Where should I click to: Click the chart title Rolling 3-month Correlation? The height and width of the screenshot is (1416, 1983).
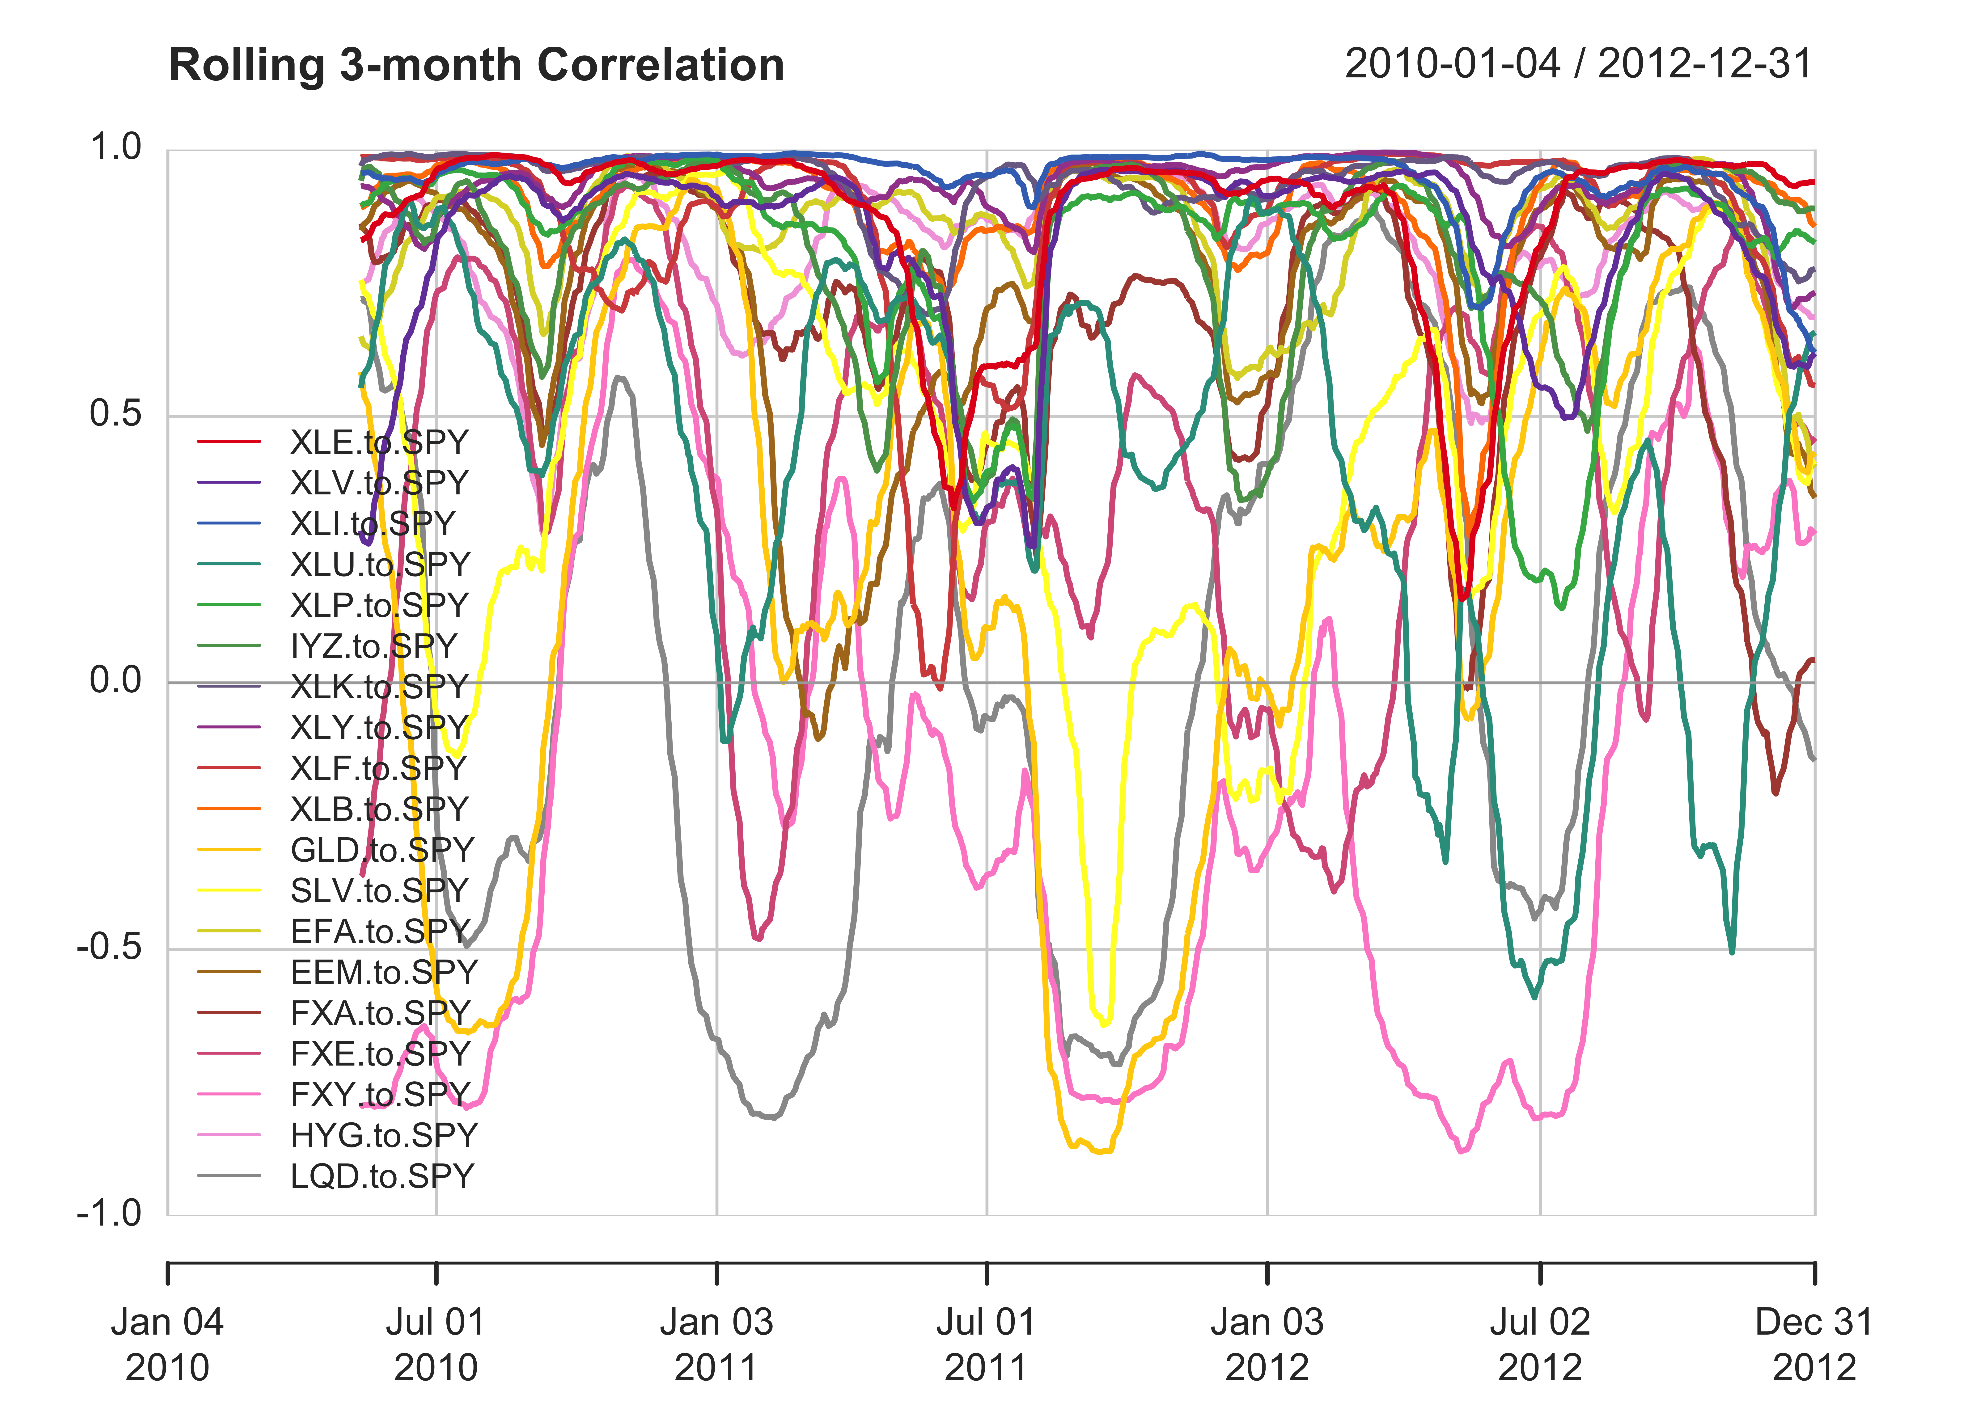click(476, 65)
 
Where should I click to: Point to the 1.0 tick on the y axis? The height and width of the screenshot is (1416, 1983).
click(116, 147)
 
